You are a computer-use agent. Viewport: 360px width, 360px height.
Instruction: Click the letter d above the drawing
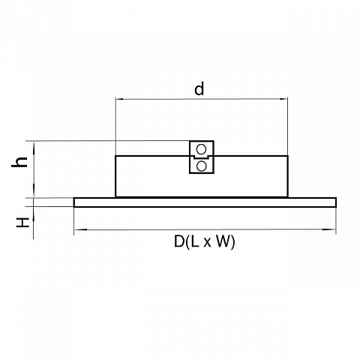199,88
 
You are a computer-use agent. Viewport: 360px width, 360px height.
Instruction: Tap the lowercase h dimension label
19,162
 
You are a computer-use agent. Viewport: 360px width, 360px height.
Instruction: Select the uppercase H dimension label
22,222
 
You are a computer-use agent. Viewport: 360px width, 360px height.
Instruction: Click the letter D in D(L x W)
179,241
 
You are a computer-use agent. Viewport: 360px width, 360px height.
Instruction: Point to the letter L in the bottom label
195,241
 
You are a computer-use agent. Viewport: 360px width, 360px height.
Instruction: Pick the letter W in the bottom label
223,241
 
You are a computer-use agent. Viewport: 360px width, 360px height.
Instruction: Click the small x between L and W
207,243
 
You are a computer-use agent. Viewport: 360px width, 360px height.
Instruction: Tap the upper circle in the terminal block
201,149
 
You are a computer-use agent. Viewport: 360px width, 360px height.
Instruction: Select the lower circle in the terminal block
201,166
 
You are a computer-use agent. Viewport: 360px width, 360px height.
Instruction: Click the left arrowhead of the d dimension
119,99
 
